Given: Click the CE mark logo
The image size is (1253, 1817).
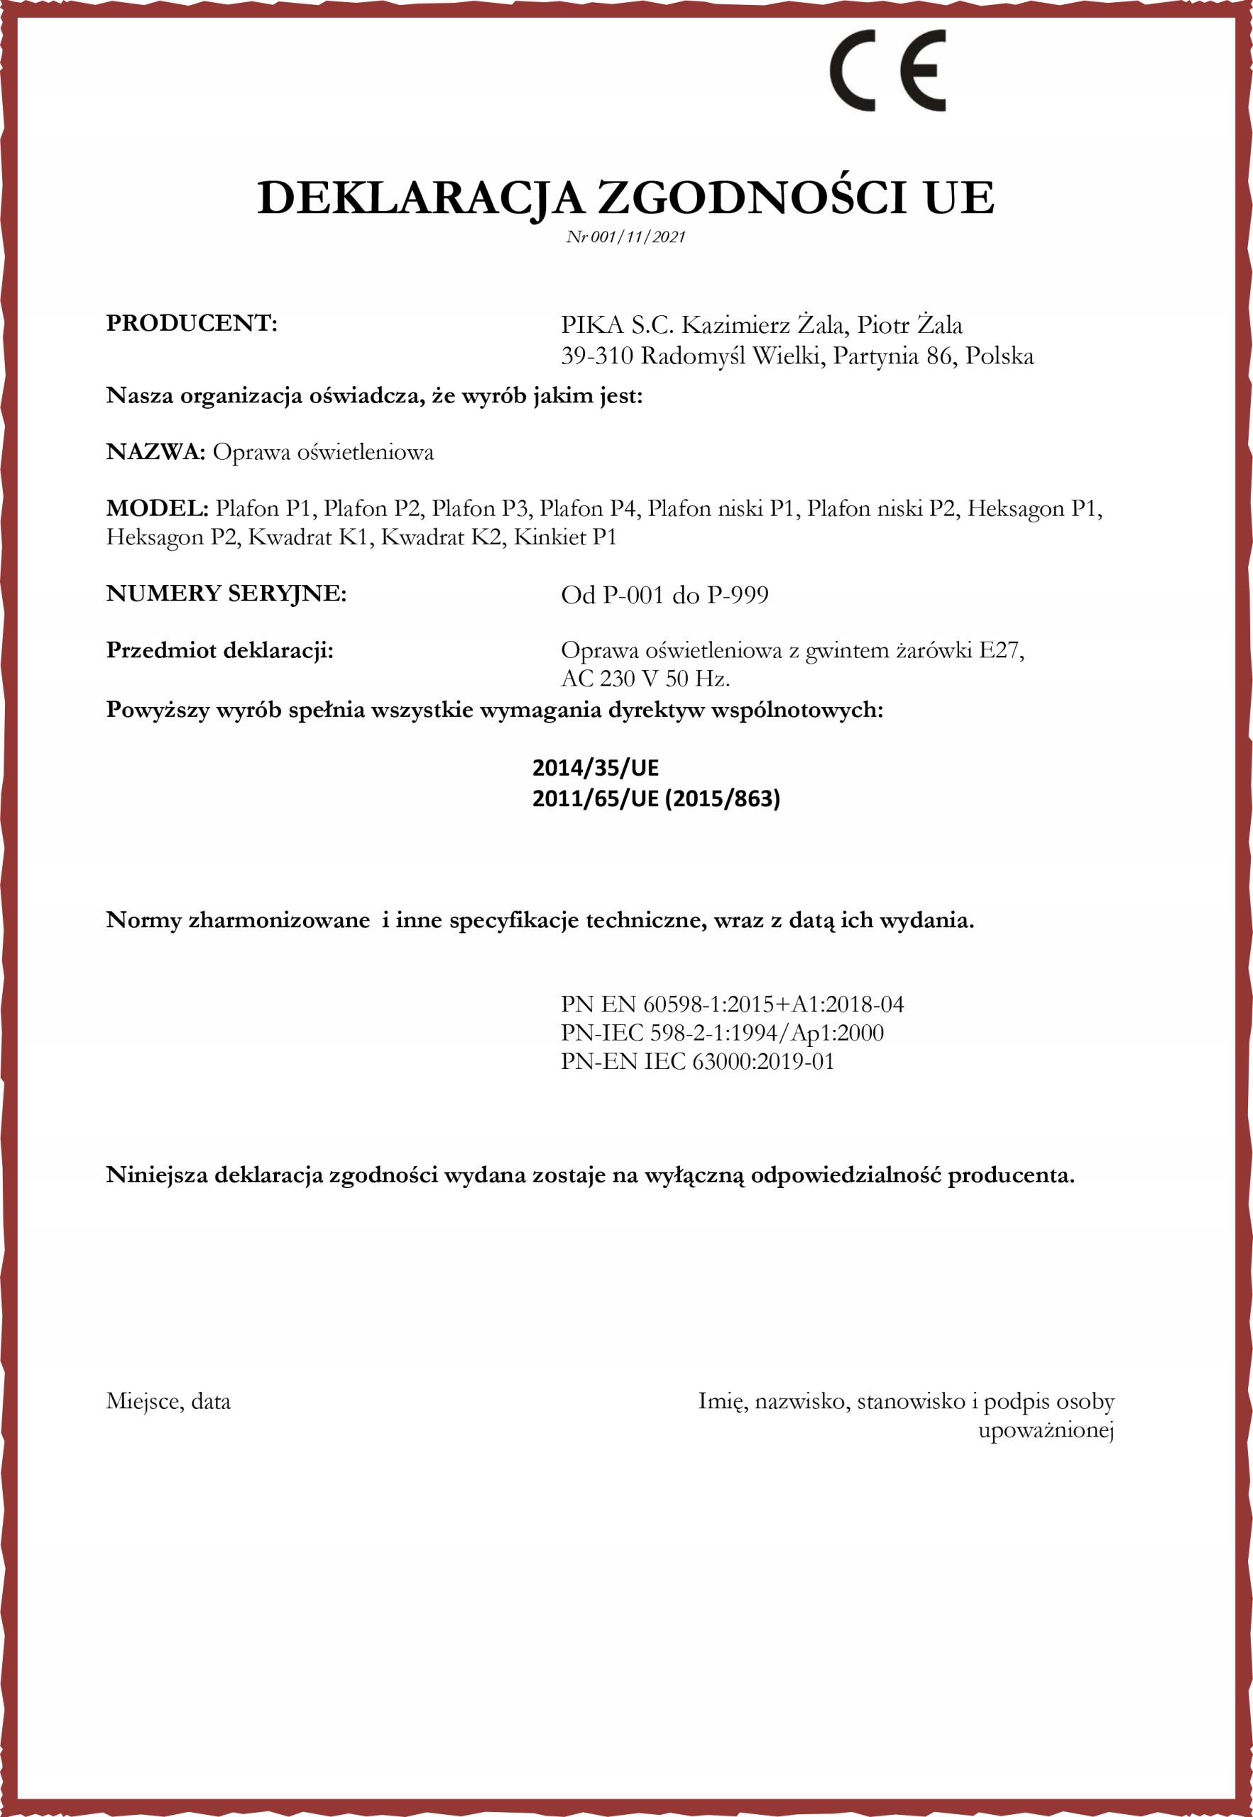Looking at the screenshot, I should tap(887, 71).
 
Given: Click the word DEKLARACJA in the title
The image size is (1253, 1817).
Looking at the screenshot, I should tap(420, 197).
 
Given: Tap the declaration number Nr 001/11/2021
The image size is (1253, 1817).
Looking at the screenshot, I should tap(625, 237).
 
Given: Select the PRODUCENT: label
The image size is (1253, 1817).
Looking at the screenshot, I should tap(192, 324).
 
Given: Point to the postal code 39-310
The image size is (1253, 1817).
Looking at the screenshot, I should tap(596, 356).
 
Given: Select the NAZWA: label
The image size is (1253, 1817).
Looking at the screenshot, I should tap(155, 452).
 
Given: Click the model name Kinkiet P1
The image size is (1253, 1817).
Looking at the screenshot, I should tap(564, 537).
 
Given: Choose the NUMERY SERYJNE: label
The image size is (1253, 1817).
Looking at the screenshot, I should tap(226, 593).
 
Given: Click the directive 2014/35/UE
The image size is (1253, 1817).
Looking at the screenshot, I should tap(595, 768).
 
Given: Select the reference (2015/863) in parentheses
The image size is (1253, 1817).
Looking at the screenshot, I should tap(722, 799).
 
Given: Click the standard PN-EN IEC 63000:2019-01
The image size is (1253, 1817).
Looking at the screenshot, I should tap(697, 1061).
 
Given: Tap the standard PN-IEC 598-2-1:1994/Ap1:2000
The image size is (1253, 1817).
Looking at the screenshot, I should tap(721, 1033).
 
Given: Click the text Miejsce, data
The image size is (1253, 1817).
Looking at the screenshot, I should tap(168, 1401).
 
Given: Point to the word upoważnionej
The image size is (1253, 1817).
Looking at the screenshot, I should tap(1046, 1430).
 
